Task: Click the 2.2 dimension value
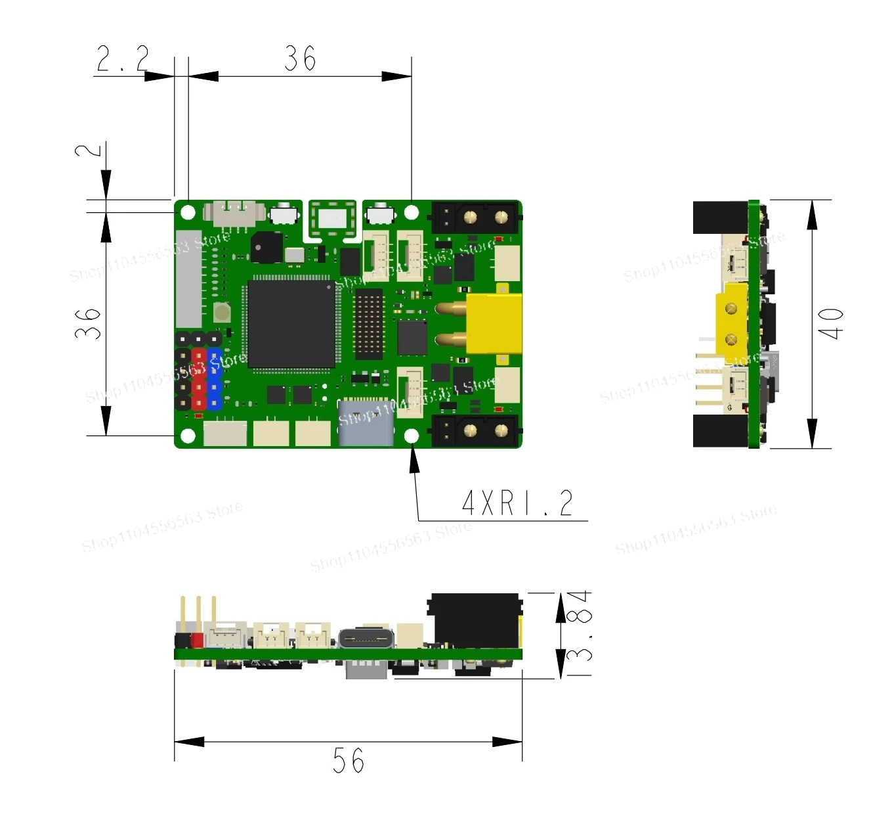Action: click(123, 58)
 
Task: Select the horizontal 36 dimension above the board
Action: click(300, 58)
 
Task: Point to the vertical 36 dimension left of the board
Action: click(89, 323)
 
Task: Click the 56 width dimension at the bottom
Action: click(348, 761)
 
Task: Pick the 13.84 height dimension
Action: click(579, 634)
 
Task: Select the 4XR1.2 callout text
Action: click(517, 504)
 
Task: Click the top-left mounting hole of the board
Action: click(188, 212)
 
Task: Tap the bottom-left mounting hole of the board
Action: click(188, 436)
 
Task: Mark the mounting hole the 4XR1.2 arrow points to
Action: click(412, 436)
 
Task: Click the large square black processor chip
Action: click(291, 324)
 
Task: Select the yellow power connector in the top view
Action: click(492, 324)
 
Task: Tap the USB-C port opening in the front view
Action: click(366, 639)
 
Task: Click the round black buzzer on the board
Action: click(266, 248)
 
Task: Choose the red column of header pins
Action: click(198, 380)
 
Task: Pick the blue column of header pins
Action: click(215, 380)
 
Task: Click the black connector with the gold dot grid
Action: click(369, 324)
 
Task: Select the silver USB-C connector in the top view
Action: click(366, 424)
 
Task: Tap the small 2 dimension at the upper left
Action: click(89, 150)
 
